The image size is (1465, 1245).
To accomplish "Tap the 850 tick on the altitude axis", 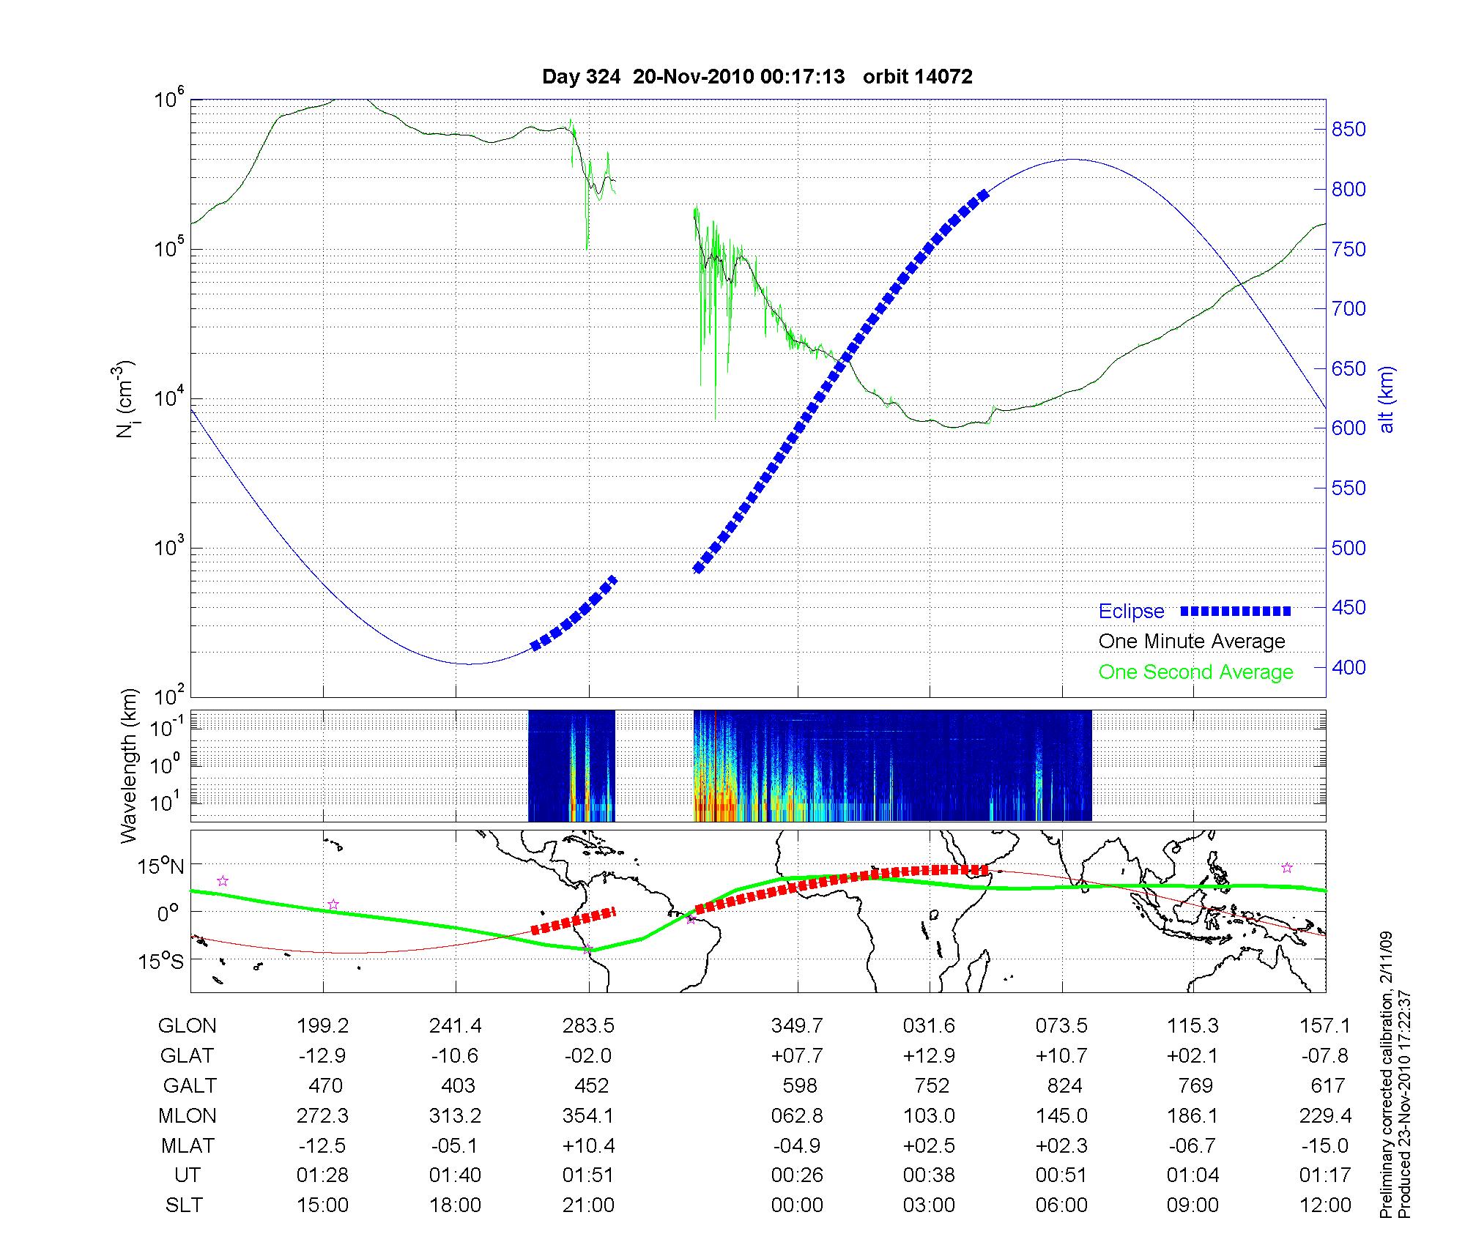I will coord(1348,130).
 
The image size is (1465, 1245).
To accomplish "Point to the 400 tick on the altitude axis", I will coord(1348,667).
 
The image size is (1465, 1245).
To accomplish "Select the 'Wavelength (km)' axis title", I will coord(129,765).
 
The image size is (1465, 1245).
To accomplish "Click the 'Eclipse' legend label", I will coord(1131,612).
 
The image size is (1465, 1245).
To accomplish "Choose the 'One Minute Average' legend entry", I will coord(1192,642).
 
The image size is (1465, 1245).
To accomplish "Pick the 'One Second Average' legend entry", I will coord(1195,672).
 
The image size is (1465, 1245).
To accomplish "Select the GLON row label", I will coord(187,1026).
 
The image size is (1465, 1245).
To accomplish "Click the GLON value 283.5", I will coord(588,1026).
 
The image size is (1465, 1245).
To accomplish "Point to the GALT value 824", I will coord(1064,1085).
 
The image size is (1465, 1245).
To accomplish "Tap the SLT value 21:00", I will coord(588,1205).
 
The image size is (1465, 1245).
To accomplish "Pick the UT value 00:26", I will coord(797,1175).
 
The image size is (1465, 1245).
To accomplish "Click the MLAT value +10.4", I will coord(588,1145).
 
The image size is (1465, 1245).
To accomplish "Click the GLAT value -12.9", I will coord(322,1055).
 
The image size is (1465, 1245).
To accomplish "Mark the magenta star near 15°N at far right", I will coord(1287,868).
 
